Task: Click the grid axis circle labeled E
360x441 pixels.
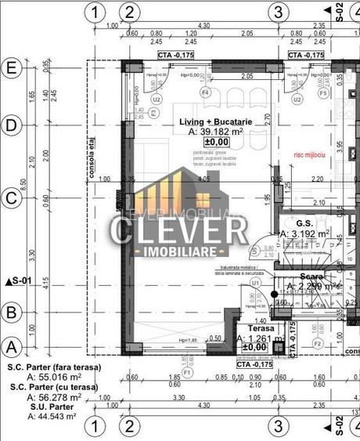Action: click(x=11, y=68)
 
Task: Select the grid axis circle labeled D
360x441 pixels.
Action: click(x=11, y=125)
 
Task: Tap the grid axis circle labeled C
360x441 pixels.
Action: click(x=11, y=199)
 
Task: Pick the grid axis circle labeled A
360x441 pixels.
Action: click(x=11, y=344)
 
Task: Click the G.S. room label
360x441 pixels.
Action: click(x=305, y=223)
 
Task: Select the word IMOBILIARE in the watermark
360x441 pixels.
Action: click(x=180, y=251)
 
